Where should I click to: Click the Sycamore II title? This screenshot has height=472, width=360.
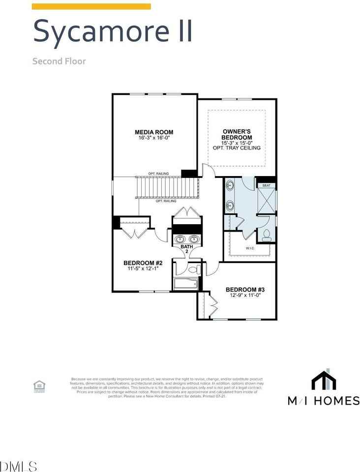point(112,30)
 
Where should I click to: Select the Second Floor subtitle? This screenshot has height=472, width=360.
point(59,61)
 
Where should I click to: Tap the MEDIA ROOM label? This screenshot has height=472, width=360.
point(154,132)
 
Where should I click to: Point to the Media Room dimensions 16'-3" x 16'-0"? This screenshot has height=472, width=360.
point(154,138)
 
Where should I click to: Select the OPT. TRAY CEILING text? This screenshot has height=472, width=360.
point(237,148)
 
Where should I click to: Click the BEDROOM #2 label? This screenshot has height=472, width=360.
point(139,263)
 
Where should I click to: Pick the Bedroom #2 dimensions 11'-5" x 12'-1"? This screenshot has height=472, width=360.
point(139,269)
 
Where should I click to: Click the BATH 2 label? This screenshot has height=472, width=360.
point(186,249)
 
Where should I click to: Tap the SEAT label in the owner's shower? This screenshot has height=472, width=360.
point(267,185)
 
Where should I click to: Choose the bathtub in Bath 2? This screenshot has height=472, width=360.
point(185,283)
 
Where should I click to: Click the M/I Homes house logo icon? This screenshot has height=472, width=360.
point(324,380)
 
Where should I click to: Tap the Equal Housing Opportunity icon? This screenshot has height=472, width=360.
point(38,386)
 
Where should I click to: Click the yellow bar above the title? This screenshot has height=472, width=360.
point(91,6)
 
